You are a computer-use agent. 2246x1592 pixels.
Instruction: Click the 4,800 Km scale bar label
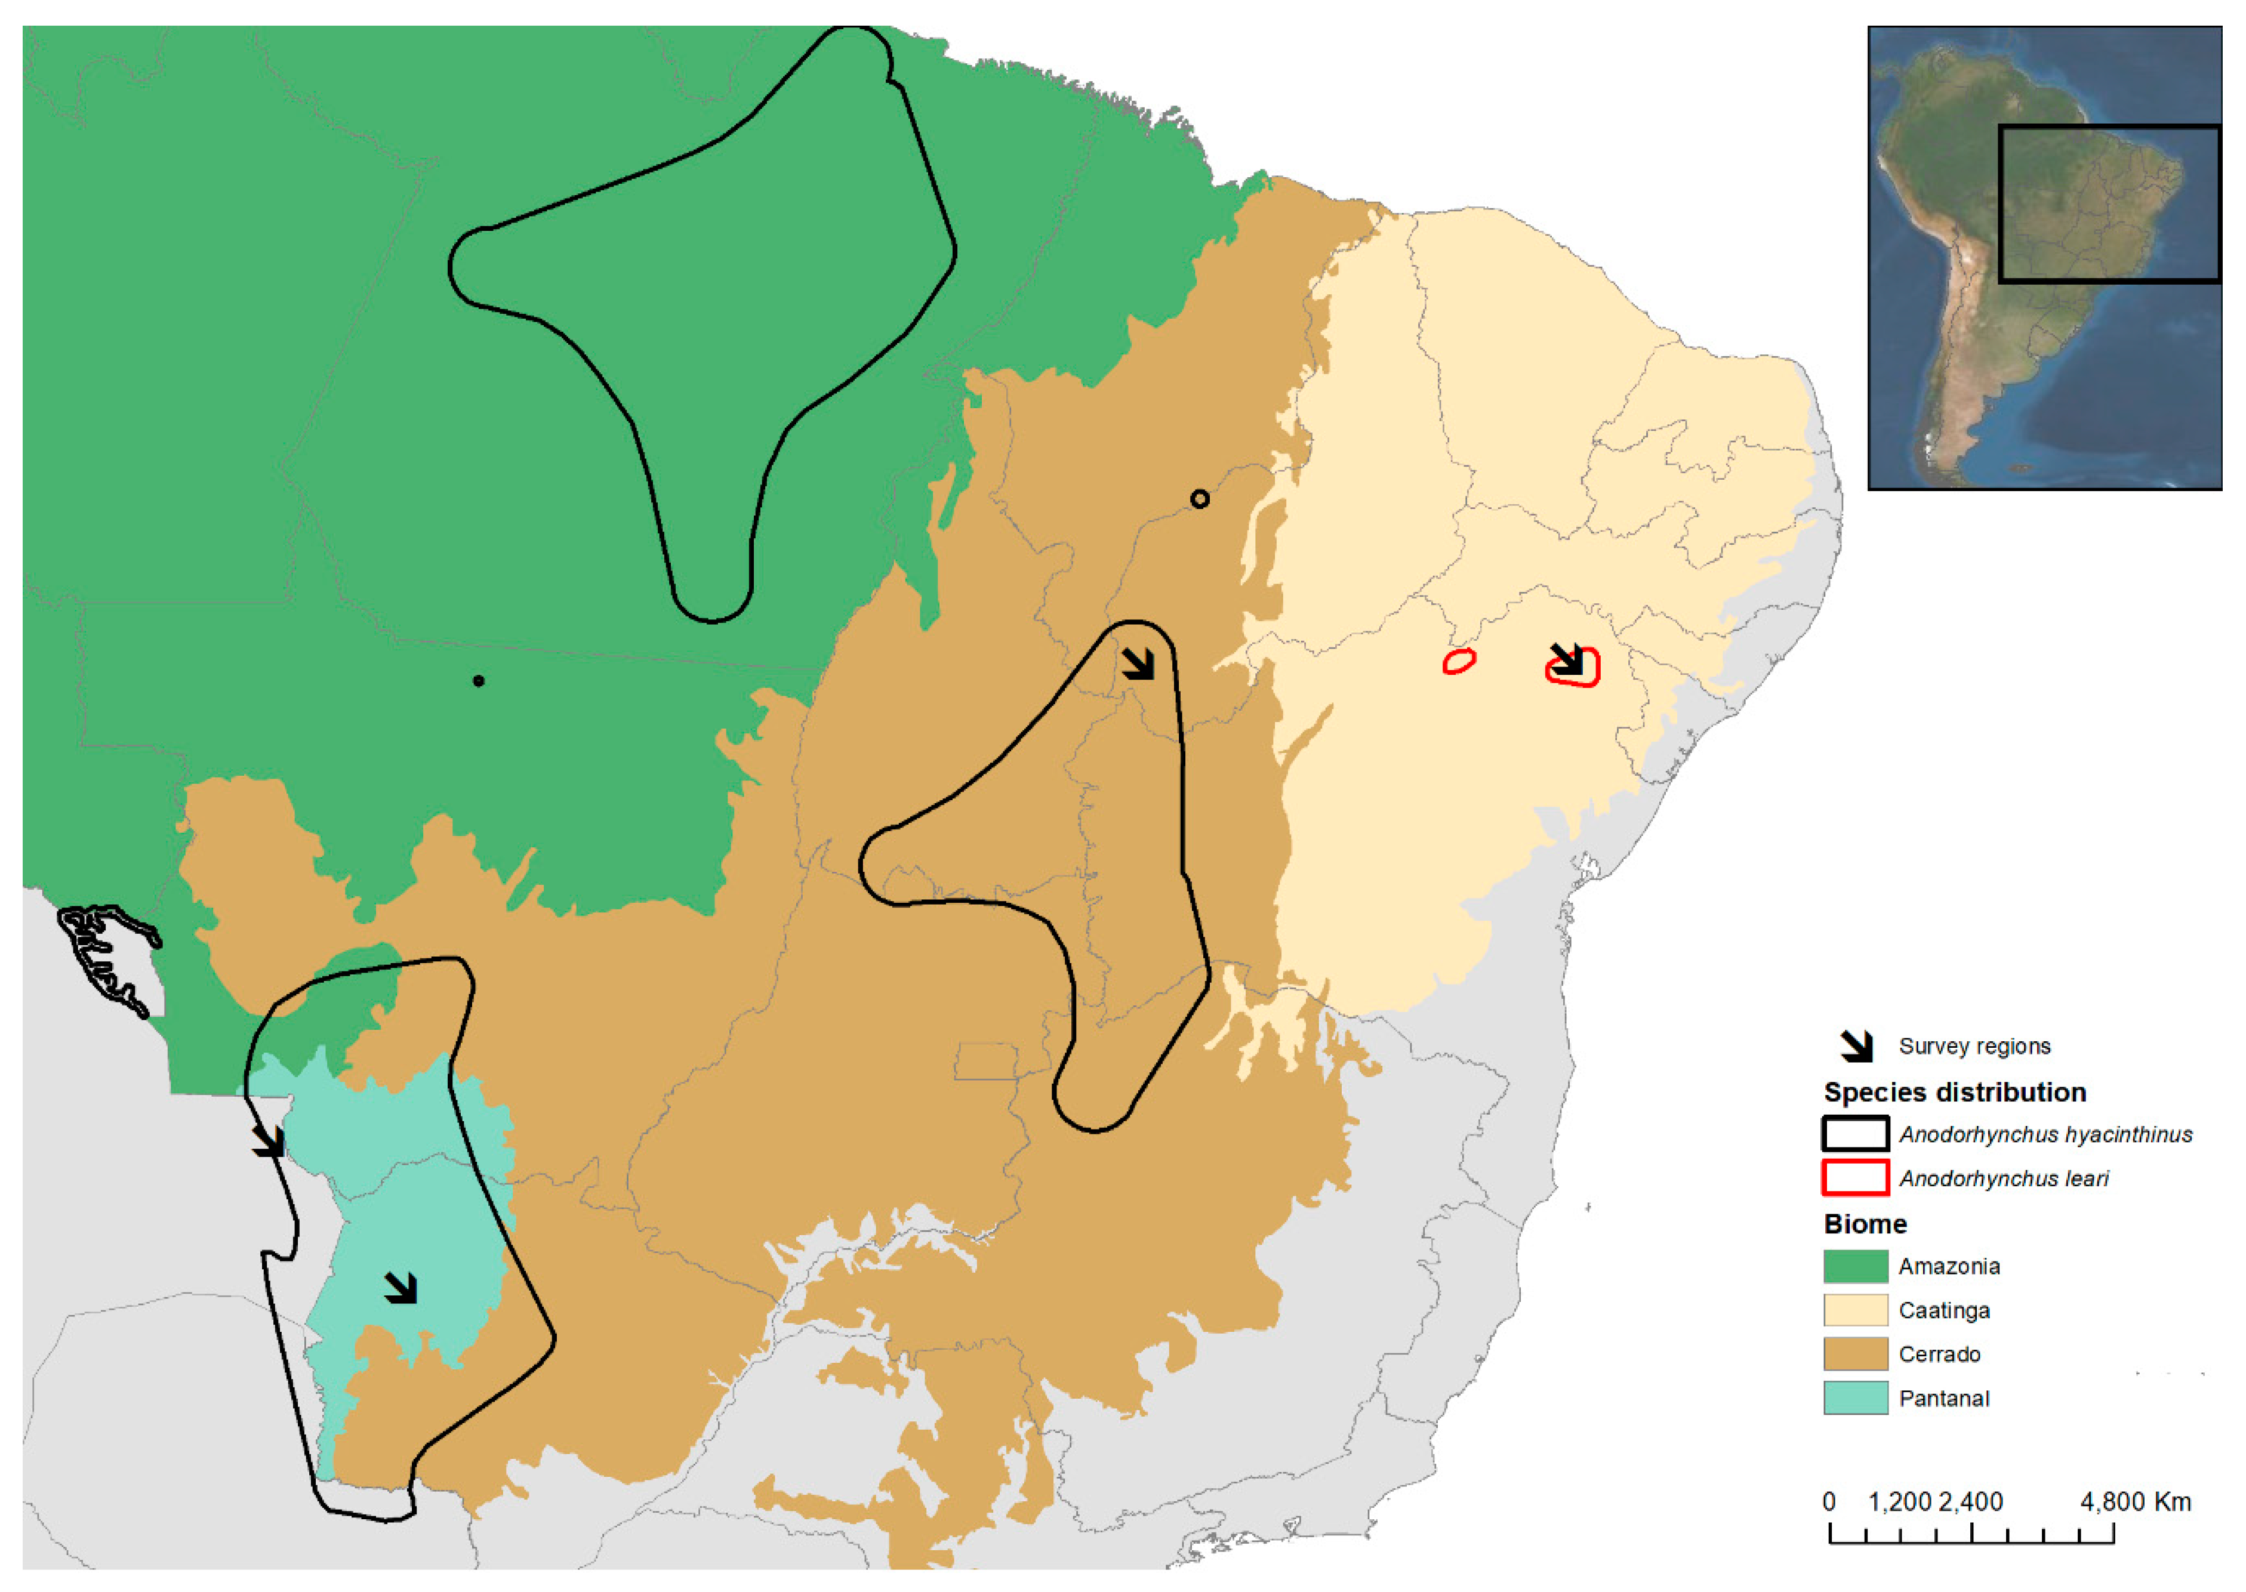2134,1502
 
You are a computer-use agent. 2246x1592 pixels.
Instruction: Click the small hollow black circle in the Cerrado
1199,499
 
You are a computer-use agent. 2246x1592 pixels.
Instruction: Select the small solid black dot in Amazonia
479,680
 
